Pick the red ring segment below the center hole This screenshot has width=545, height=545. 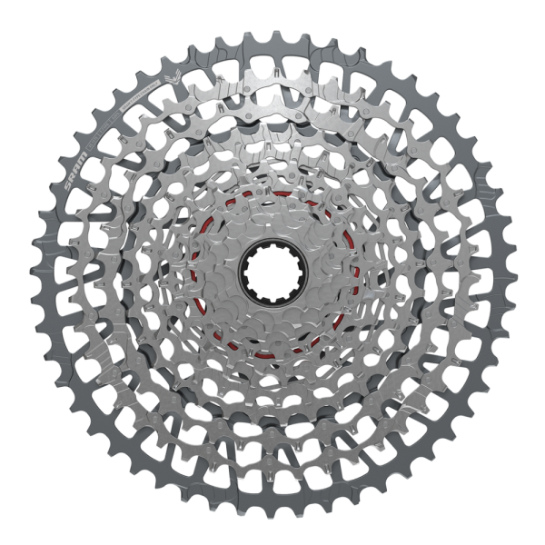pos(272,349)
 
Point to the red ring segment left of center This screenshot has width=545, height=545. pos(194,272)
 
